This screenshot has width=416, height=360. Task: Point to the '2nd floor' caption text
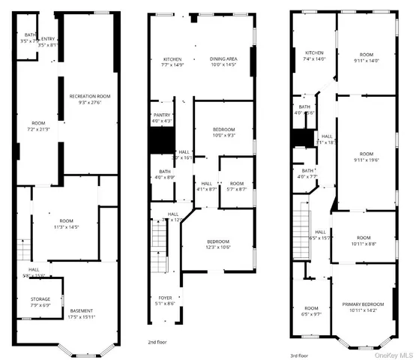(157, 340)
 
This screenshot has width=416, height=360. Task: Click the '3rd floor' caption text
(299, 355)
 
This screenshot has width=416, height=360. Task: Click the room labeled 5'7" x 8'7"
(236, 187)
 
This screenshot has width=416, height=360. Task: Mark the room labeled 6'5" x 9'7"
(311, 310)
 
